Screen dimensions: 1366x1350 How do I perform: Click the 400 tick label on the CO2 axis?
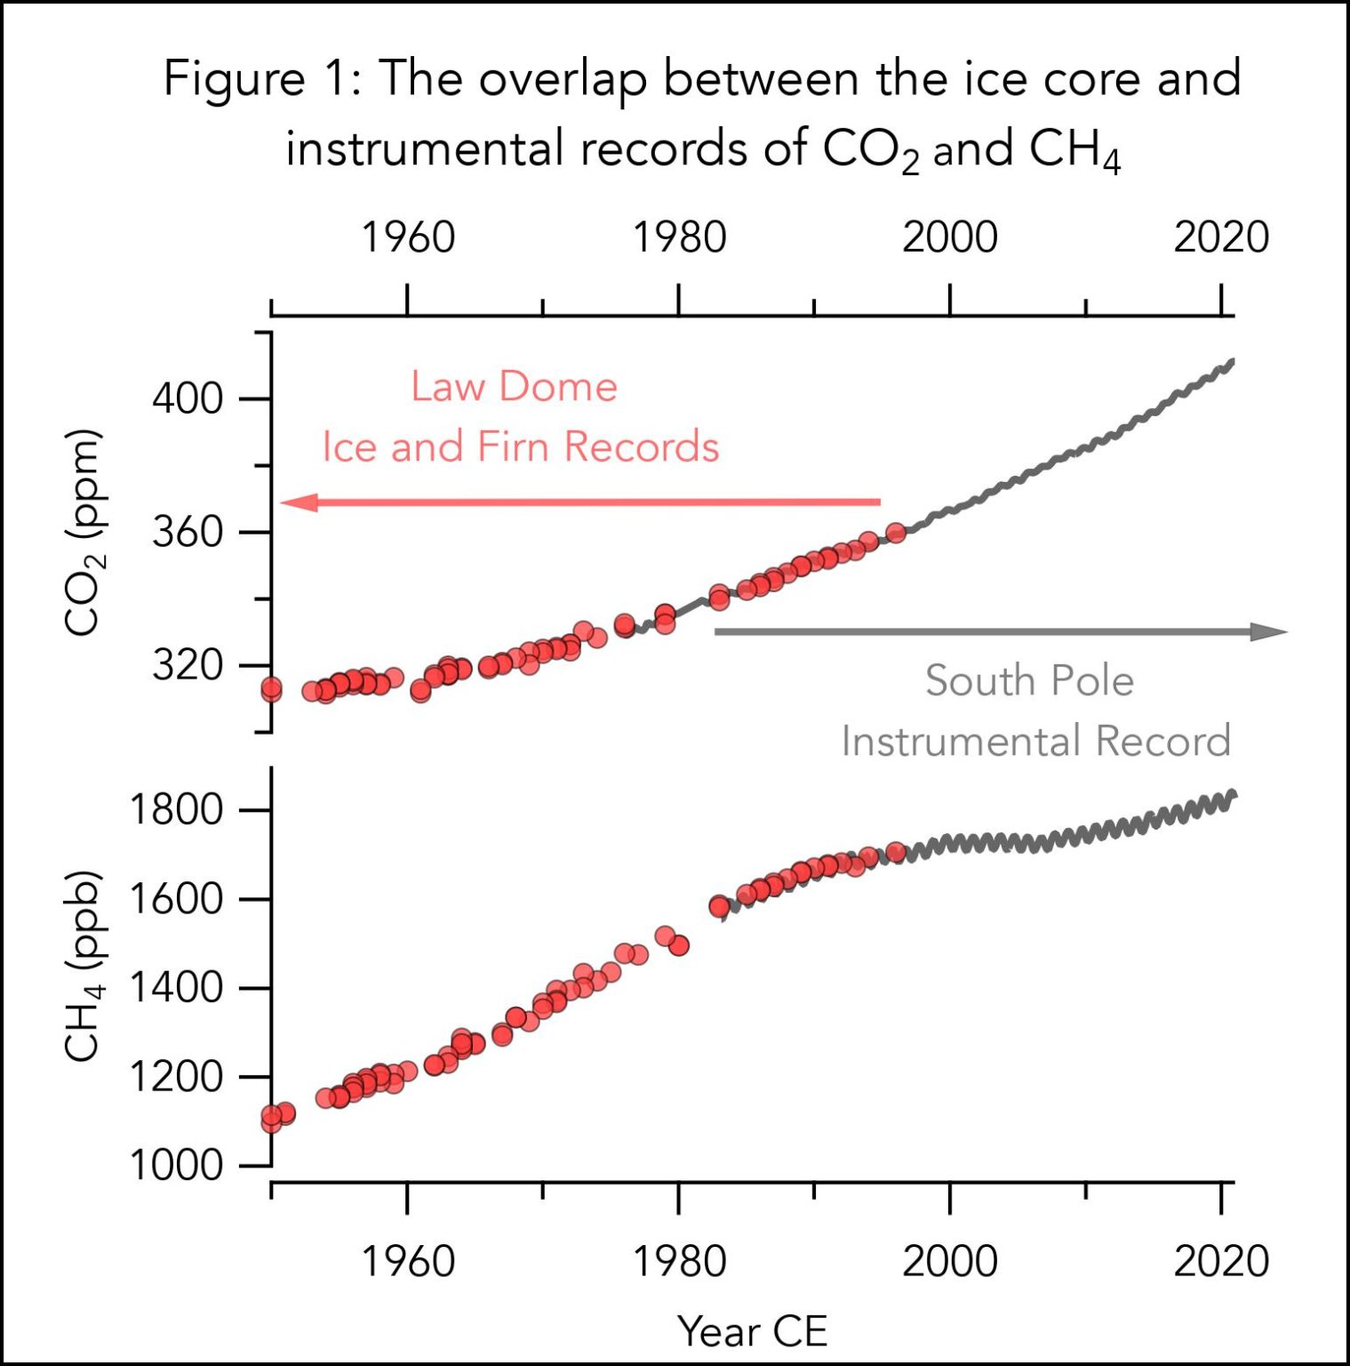tap(188, 398)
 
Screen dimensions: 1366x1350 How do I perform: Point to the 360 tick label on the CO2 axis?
tap(188, 533)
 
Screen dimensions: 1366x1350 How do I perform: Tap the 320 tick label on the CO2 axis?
tap(188, 665)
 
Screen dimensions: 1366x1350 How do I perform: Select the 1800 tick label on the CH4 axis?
tap(176, 810)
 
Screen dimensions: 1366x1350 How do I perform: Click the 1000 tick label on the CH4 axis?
tap(176, 1165)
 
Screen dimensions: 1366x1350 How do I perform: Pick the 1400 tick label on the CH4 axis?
tap(176, 988)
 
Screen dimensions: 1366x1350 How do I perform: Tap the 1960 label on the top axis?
tap(408, 238)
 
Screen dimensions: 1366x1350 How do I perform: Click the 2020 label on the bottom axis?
tap(1221, 1262)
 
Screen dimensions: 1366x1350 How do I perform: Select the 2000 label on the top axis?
tap(950, 238)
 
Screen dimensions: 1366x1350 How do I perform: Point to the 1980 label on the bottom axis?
tap(679, 1262)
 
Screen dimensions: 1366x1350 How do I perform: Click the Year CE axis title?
tap(753, 1331)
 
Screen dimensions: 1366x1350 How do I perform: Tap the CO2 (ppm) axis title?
tap(84, 533)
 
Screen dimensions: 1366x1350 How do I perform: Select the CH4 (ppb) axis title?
tap(84, 966)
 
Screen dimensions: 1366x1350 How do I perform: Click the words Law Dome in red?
tap(514, 387)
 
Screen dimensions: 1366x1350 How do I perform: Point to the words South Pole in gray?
tap(1029, 681)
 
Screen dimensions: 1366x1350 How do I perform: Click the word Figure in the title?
tap(235, 80)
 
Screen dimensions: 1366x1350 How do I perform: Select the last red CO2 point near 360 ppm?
tap(896, 533)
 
